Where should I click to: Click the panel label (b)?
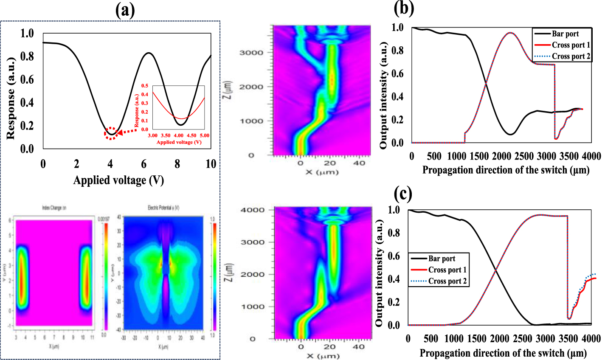point(404,8)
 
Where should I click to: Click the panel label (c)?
point(402,194)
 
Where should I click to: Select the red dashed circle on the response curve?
point(111,133)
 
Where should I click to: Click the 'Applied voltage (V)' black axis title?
point(118,180)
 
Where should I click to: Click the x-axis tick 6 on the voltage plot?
point(144,164)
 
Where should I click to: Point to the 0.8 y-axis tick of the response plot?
point(27,56)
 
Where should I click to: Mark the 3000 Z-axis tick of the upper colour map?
point(251,53)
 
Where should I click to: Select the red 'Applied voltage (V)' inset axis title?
point(178,142)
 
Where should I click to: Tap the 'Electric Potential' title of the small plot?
point(163,208)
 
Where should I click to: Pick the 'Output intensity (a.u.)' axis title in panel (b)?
point(383,95)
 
